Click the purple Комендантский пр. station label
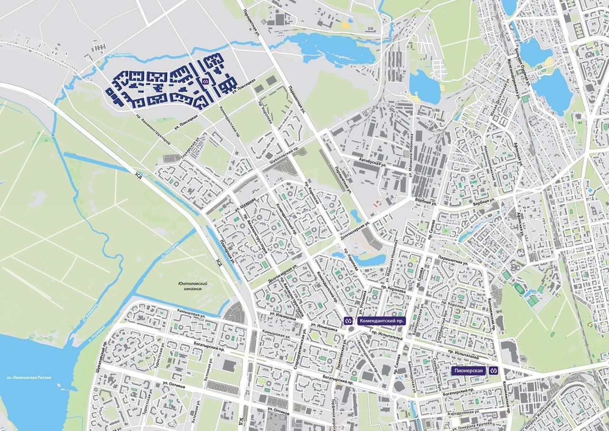(x=381, y=321)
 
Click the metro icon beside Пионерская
(x=493, y=371)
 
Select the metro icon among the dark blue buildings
(x=206, y=81)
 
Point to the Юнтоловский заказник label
(x=194, y=286)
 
